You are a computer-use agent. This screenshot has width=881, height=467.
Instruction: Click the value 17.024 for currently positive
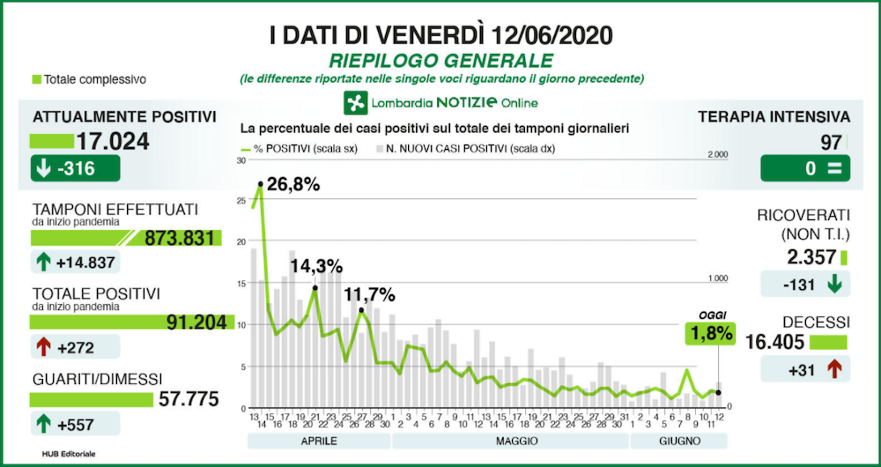[x=112, y=141]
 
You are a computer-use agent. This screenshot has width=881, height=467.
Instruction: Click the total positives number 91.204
[x=195, y=322]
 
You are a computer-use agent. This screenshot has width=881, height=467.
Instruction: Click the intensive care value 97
[x=831, y=142]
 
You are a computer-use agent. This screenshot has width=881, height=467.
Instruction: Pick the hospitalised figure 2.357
[x=810, y=257]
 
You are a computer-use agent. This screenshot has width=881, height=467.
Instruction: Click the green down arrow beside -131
[x=834, y=284]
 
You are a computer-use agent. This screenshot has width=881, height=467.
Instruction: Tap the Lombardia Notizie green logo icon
[x=356, y=102]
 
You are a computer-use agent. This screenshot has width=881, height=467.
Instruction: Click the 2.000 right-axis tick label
[x=718, y=154]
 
